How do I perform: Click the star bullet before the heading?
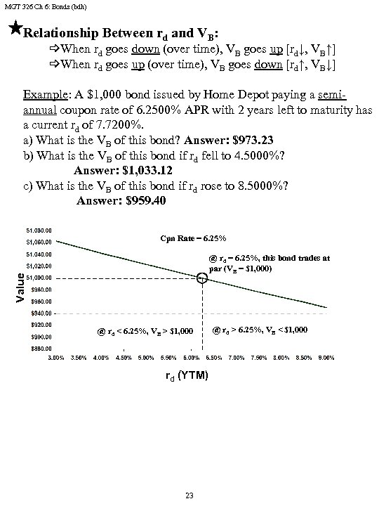coord(15,29)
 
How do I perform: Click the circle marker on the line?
coord(202,278)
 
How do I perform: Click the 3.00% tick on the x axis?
coord(55,358)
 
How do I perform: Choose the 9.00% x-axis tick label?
coord(326,358)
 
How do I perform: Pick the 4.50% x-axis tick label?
coord(123,358)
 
